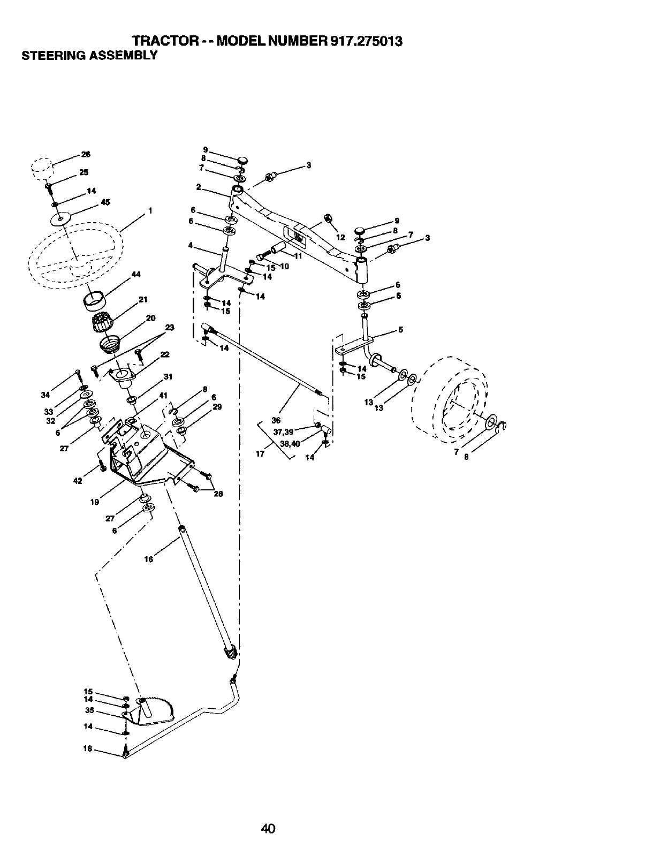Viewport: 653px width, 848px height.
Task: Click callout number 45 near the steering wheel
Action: (105, 202)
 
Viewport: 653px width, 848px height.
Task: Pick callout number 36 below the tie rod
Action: (276, 420)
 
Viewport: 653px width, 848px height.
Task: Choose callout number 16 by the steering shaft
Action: (149, 559)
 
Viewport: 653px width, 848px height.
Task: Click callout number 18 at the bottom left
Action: (88, 749)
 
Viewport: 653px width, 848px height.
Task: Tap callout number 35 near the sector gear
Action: (89, 710)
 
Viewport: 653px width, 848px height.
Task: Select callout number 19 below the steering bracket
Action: (95, 502)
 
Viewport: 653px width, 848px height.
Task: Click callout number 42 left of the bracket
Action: (78, 481)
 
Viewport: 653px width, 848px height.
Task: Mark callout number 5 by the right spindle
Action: (400, 330)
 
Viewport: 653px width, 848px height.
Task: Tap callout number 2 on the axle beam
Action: (198, 187)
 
